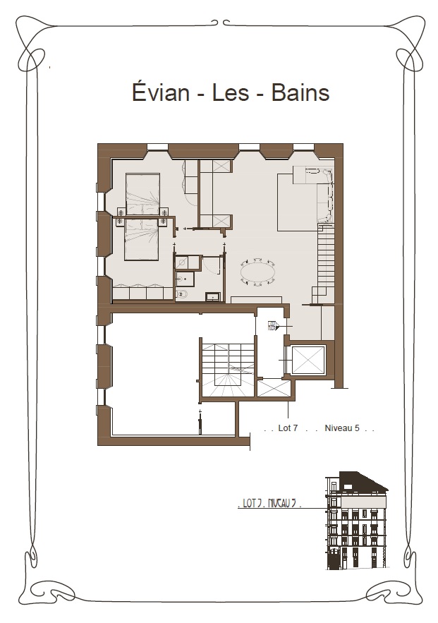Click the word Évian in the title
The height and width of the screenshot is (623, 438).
[160, 92]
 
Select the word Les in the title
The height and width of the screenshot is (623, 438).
[231, 92]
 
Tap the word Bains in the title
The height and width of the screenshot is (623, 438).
[300, 92]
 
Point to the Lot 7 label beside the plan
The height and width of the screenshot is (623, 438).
[288, 428]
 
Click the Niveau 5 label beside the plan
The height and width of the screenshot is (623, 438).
[342, 428]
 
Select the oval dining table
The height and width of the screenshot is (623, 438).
[257, 272]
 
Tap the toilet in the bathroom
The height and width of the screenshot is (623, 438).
[182, 294]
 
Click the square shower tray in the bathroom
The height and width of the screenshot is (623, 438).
[181, 262]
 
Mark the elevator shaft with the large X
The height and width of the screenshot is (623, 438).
[308, 361]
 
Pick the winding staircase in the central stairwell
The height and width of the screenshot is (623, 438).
[228, 370]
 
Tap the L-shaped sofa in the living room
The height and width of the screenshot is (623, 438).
[317, 187]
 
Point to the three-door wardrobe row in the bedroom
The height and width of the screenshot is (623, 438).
[142, 293]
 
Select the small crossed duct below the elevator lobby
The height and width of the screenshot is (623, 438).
[274, 388]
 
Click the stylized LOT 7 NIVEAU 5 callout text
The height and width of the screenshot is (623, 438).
[269, 503]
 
